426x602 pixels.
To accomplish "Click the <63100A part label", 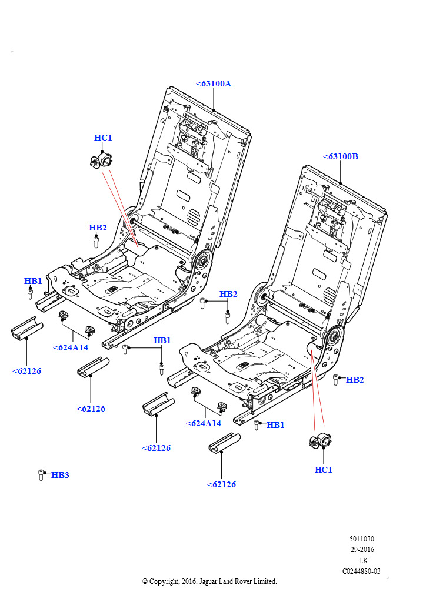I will tap(214, 83).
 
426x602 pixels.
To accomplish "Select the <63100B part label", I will tap(341, 157).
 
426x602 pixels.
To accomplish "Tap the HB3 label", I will tap(60, 475).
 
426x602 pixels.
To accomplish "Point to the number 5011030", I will tap(362, 539).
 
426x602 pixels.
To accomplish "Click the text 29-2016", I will tap(362, 550).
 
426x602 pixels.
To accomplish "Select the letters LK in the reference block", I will tap(363, 560).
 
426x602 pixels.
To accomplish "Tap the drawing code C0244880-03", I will tap(361, 571).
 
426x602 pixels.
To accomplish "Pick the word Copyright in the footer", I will tap(164, 581).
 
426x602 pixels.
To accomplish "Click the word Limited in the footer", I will tap(264, 581).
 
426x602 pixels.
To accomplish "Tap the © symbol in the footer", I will tap(145, 581).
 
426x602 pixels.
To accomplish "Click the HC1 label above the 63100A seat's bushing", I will tap(103, 138).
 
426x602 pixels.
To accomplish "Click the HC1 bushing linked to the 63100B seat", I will tap(321, 442).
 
